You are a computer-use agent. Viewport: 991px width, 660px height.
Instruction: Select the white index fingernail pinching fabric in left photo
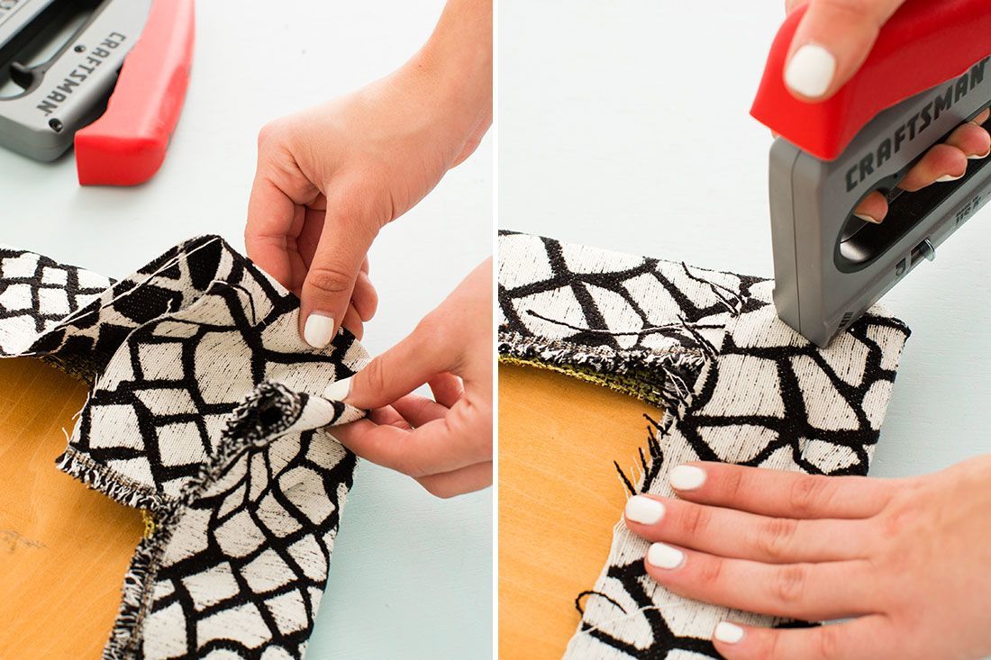pos(319,330)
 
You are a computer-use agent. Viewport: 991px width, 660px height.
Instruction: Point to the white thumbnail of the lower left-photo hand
pos(340,389)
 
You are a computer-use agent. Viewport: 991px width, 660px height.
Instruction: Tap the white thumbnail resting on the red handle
pos(809,71)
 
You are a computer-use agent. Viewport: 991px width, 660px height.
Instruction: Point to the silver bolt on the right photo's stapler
pos(926,253)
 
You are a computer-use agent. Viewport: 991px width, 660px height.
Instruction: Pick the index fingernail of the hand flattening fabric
pos(687,477)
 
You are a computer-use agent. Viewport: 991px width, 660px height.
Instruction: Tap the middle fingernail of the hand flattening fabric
pos(645,510)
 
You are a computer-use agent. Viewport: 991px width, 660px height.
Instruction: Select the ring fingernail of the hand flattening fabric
pos(666,556)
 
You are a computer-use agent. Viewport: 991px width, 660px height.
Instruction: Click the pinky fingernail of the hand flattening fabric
pos(729,631)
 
